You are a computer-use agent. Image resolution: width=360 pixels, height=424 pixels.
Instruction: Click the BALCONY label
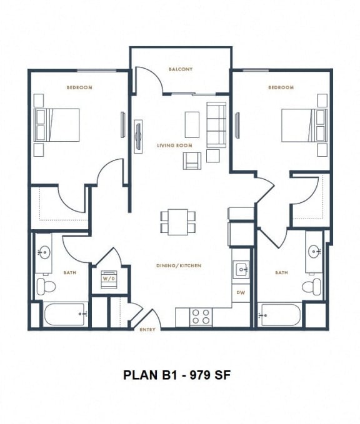180,69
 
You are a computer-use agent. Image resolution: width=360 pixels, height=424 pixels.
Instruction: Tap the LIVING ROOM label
174,145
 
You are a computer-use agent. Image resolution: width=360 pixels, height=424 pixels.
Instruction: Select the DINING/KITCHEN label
179,266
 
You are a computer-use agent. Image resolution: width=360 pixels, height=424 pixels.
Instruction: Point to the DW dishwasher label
241,292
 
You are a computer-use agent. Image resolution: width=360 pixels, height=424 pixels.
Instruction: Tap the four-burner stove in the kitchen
201,317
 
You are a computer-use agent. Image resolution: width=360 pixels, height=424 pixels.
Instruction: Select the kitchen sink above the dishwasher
241,270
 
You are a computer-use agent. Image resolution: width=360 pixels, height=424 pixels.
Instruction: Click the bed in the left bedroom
57,125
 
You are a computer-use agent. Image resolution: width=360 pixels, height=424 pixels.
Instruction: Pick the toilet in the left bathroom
46,287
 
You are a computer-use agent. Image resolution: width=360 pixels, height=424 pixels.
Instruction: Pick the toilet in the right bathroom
311,287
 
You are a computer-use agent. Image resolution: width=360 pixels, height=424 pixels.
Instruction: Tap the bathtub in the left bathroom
64,314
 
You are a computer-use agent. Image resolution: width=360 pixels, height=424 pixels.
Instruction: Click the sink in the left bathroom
44,253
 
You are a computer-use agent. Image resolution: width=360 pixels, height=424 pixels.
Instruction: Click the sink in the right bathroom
314,253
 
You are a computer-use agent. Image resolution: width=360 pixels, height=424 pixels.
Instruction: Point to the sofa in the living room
216,125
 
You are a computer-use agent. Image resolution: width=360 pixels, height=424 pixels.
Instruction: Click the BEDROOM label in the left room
79,88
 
